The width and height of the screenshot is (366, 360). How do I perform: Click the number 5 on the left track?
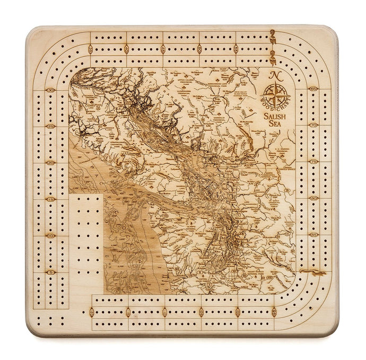[x=51, y=272]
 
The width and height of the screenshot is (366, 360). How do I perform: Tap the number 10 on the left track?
[x=51, y=235]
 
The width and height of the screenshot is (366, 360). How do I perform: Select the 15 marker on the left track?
[x=51, y=199]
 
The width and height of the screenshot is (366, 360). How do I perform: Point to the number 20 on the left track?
[x=51, y=163]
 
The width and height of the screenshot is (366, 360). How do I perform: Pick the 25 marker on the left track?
[x=51, y=127]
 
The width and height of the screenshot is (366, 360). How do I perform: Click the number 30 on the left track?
[x=51, y=91]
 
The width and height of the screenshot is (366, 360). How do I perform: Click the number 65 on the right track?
[x=313, y=89]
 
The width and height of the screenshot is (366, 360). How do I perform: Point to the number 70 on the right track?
[x=313, y=126]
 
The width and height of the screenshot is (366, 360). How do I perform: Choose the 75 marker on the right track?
[x=313, y=162]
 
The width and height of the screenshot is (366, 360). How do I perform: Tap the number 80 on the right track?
[x=313, y=198]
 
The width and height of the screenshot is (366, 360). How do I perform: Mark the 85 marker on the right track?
[x=313, y=234]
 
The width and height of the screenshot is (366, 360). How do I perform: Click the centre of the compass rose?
[x=274, y=96]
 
